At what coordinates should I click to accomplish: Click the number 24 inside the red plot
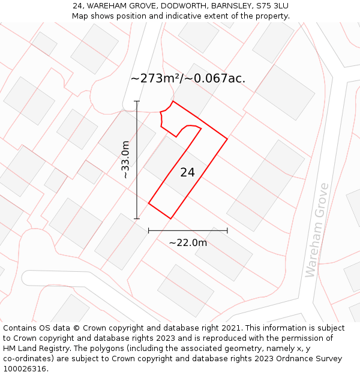tap(187, 173)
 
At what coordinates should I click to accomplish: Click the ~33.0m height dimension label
tap(125, 160)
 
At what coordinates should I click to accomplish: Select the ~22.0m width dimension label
tap(188, 243)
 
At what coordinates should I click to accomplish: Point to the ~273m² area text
tap(155, 79)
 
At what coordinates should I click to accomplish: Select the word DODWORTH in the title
tap(181, 6)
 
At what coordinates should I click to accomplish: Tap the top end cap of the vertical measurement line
tap(137, 101)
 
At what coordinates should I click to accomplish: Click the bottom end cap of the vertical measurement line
tap(137, 219)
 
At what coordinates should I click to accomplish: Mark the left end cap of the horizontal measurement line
tap(149, 230)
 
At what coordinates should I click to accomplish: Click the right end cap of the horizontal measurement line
tap(227, 230)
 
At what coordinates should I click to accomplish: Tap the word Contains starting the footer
tap(21, 328)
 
